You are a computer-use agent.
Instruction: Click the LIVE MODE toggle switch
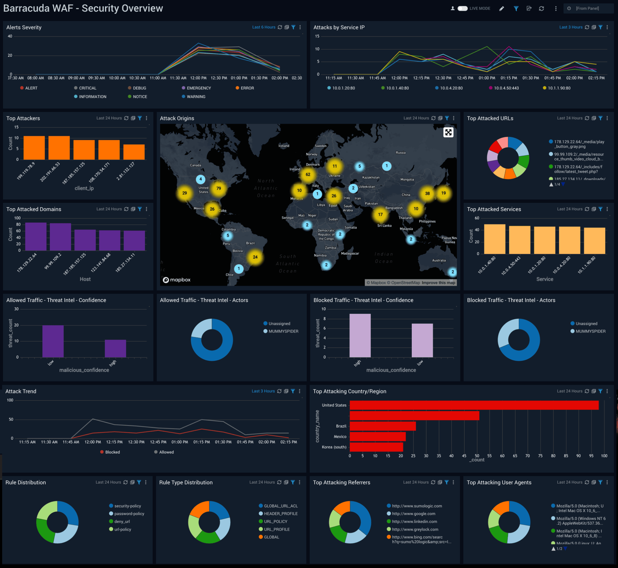point(462,8)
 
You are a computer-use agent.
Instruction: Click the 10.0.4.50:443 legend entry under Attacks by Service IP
point(506,88)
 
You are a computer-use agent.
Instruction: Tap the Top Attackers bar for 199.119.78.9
point(34,148)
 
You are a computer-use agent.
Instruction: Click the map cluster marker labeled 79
point(219,188)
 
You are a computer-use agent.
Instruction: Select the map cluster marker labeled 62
point(308,175)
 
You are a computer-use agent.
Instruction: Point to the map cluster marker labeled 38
point(427,194)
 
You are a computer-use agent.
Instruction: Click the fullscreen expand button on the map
point(448,133)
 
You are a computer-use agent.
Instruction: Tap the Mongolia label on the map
point(407,179)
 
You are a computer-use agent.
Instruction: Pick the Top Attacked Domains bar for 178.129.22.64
point(36,237)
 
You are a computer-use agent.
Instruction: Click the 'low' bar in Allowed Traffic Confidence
point(53,341)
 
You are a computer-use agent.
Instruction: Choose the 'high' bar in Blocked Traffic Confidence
point(360,335)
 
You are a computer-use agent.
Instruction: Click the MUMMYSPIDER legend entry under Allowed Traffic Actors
point(283,331)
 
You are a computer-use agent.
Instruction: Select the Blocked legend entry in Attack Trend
point(112,452)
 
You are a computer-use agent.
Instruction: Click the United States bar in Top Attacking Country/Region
point(474,405)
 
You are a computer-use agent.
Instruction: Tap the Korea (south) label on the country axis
point(334,447)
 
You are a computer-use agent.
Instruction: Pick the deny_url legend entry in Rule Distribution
point(122,522)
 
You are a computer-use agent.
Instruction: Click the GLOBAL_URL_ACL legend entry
point(281,506)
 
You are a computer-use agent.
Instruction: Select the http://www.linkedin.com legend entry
point(414,522)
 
